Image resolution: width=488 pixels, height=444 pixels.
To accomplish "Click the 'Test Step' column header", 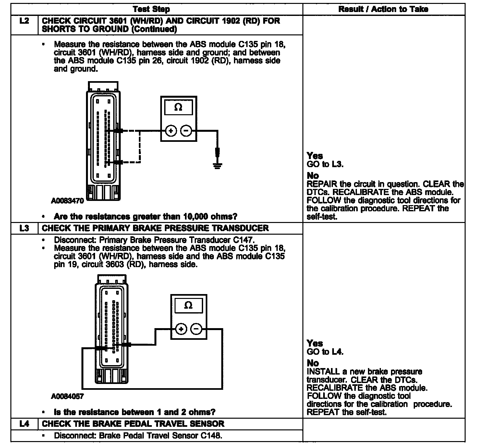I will click(x=151, y=9).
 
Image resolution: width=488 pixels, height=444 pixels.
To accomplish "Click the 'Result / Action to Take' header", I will click(x=383, y=9).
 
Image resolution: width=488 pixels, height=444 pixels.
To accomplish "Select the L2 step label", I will click(x=24, y=21).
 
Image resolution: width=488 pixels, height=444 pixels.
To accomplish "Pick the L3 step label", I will click(x=24, y=228).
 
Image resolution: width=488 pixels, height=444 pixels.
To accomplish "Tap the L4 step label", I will click(x=24, y=424).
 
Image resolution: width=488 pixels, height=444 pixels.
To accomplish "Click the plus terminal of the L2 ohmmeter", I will click(x=171, y=131).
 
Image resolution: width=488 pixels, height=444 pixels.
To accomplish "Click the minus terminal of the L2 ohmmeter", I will click(x=186, y=131).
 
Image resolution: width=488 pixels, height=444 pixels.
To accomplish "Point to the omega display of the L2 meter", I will click(x=178, y=107).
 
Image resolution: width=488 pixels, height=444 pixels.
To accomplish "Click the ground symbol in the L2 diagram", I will click(x=217, y=166).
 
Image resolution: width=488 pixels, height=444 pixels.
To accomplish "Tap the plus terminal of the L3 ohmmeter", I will click(x=181, y=329).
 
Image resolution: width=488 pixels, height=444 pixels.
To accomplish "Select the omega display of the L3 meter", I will click(x=188, y=306).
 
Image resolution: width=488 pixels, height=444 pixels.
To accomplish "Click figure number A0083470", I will click(x=67, y=201).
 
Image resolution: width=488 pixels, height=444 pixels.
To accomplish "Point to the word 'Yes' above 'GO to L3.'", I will click(x=315, y=156).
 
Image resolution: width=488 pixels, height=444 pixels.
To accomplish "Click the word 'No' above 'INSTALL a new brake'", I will click(x=313, y=363).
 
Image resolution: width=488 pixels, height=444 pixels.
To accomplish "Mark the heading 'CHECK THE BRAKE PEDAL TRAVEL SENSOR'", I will click(x=133, y=424).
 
